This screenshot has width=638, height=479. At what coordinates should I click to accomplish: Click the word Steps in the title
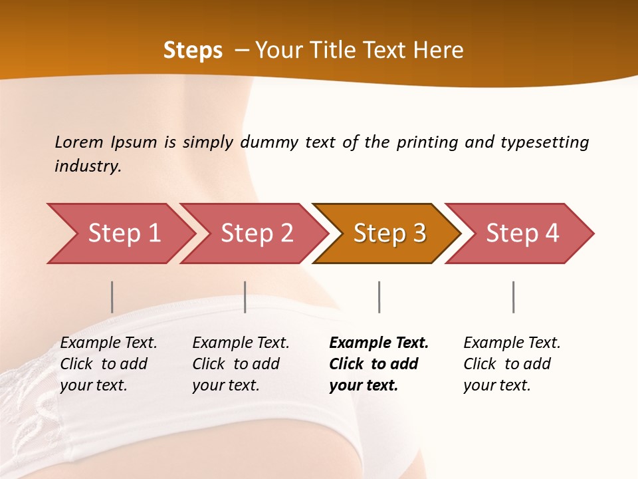click(193, 51)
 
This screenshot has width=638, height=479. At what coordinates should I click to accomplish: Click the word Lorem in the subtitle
click(79, 142)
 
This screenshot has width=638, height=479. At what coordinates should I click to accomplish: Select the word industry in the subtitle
click(88, 166)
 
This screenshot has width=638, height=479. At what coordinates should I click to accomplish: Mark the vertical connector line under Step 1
click(112, 297)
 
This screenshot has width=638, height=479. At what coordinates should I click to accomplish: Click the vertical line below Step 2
click(245, 297)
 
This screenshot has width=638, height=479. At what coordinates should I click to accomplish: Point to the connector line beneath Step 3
click(379, 297)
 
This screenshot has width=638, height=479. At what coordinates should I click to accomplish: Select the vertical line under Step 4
click(513, 297)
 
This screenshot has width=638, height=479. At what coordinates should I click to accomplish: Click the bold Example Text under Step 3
click(379, 343)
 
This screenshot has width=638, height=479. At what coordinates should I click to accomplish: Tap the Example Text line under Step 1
click(108, 343)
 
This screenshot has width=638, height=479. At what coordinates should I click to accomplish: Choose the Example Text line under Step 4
click(512, 343)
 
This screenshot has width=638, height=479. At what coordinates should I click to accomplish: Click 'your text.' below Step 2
click(225, 385)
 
